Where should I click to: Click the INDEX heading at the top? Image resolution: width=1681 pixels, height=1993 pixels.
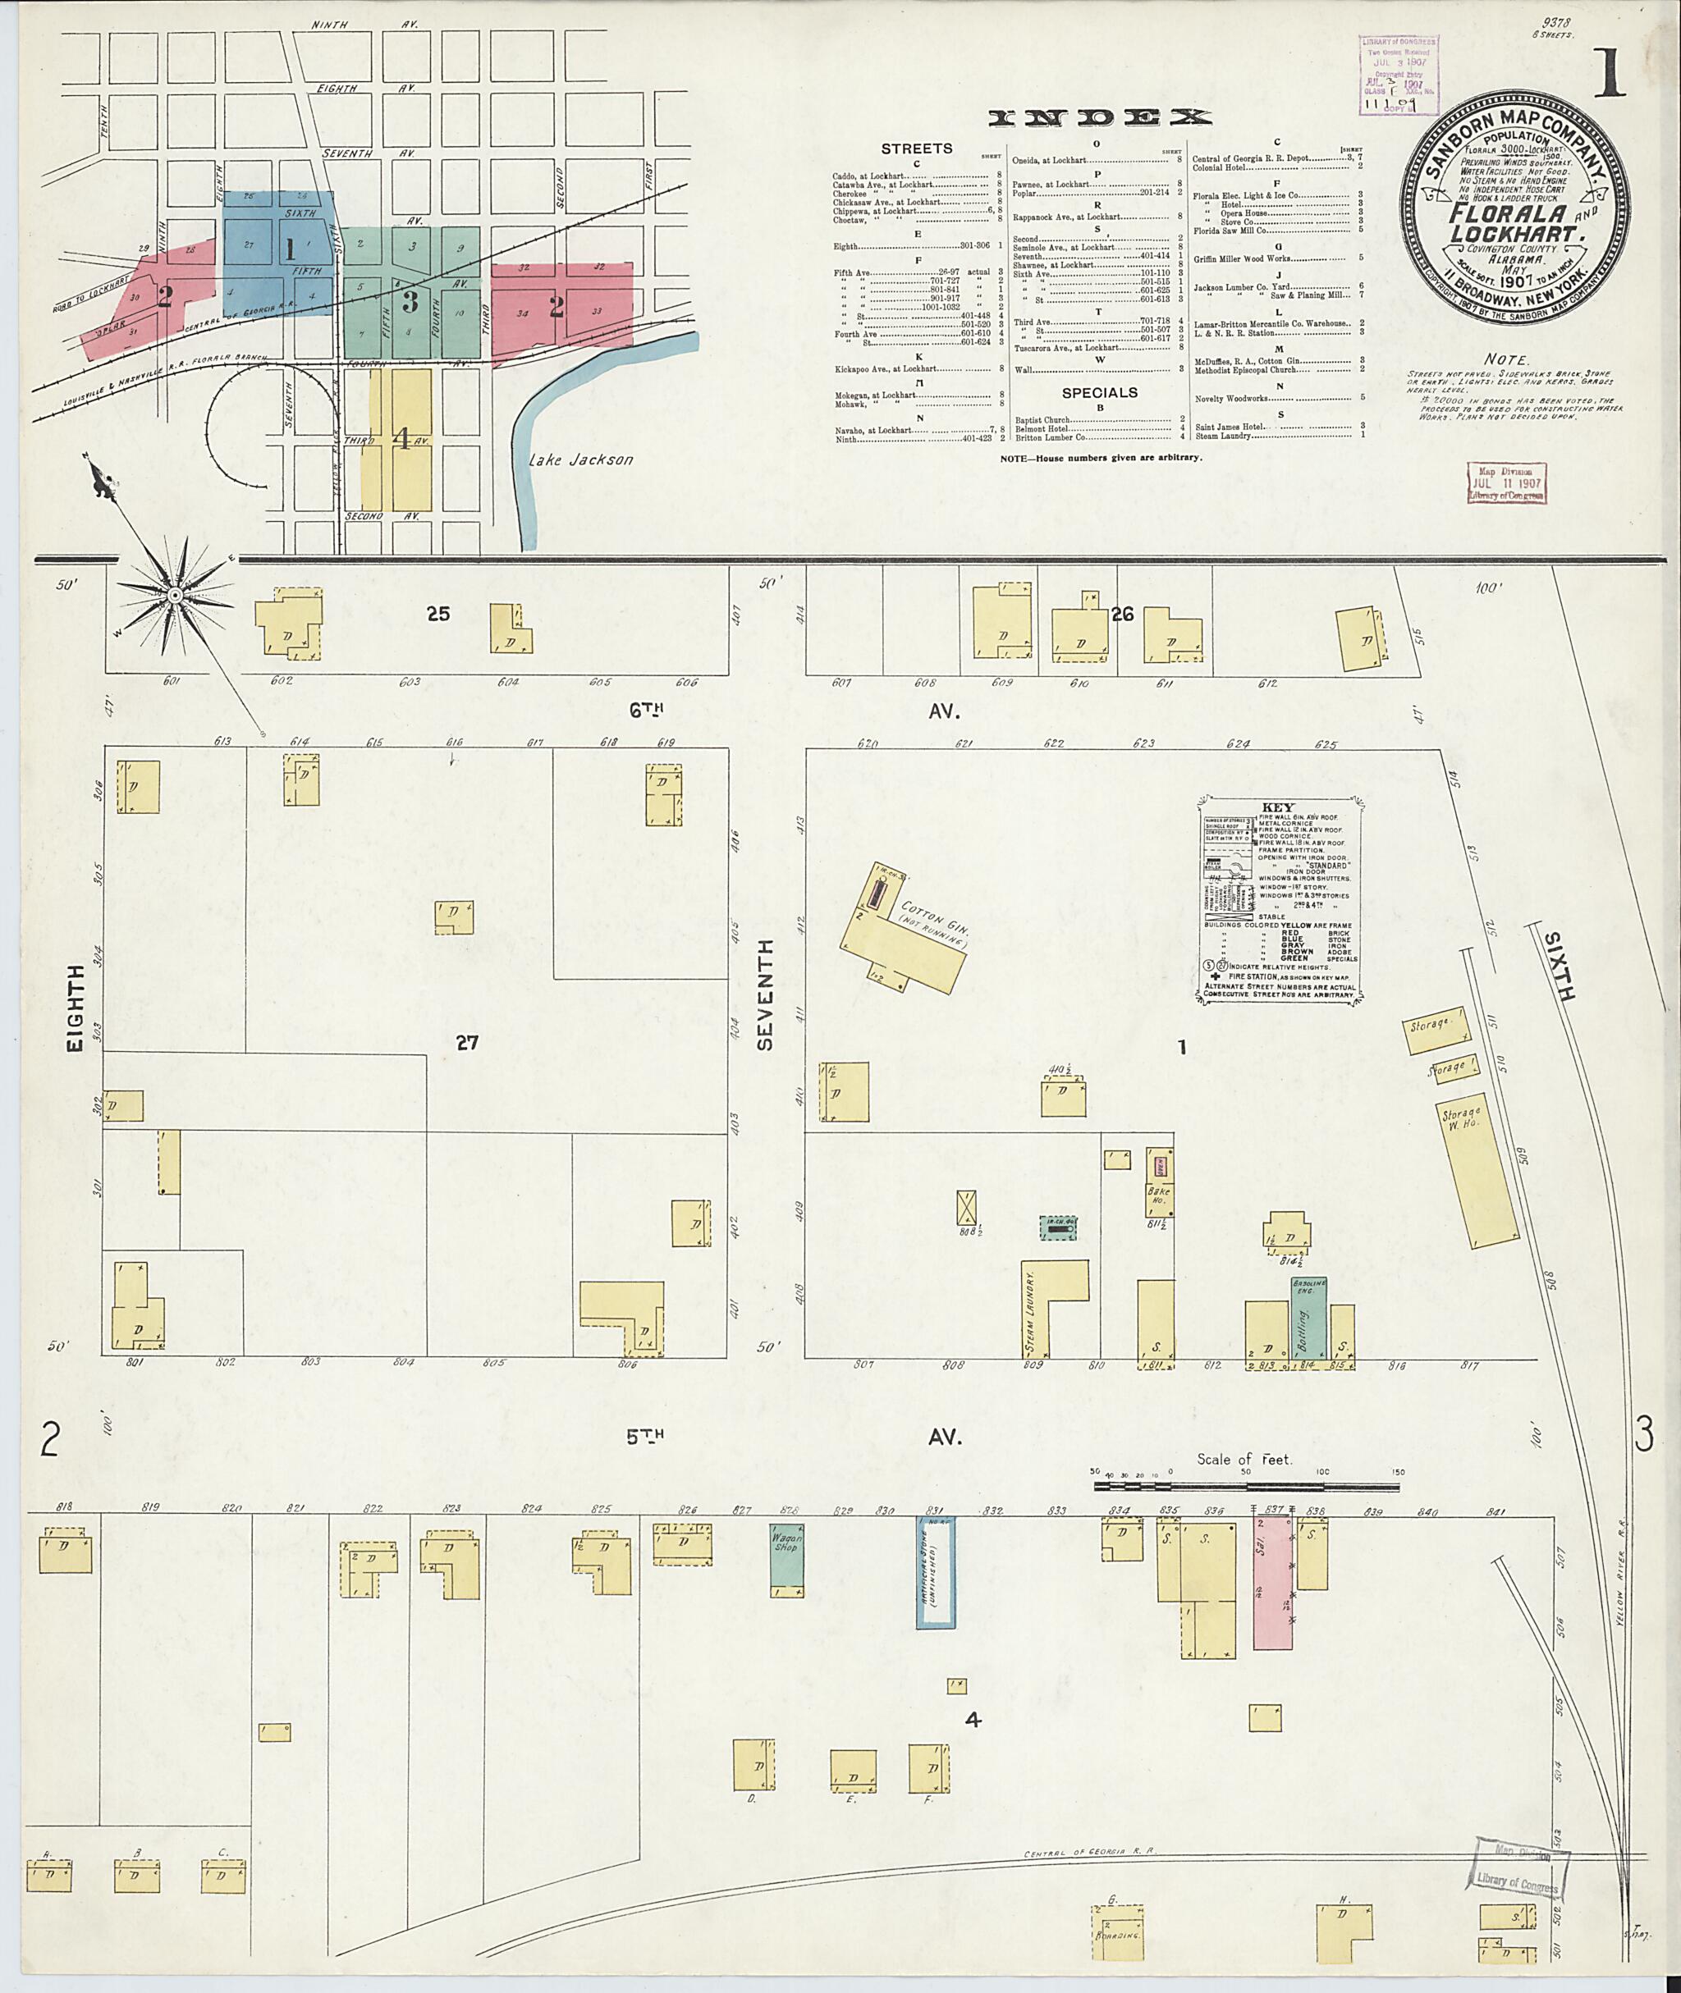click(x=1100, y=118)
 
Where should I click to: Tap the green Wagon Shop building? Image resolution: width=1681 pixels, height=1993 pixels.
click(x=787, y=1561)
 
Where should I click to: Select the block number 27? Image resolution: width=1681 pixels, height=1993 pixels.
click(x=466, y=1043)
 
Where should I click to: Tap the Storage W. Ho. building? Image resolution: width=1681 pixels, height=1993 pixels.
click(x=1475, y=1176)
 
